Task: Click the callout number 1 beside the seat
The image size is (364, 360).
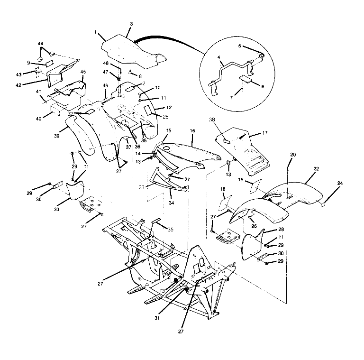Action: pyautogui.click(x=96, y=32)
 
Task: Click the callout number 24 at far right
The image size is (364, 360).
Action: pyautogui.click(x=340, y=183)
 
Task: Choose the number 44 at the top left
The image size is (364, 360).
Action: pyautogui.click(x=40, y=44)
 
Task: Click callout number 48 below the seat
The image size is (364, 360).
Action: pyautogui.click(x=106, y=63)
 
